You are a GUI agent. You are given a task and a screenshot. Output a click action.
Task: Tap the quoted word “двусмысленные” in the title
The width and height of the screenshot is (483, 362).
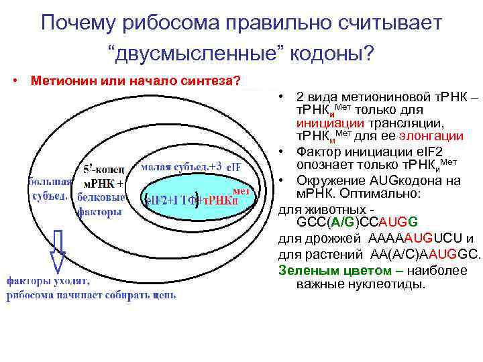click(195, 52)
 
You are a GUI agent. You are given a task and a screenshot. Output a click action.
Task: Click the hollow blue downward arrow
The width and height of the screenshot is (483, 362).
click(58, 249)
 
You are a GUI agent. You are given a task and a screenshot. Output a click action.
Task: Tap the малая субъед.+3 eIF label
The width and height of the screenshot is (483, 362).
click(191, 166)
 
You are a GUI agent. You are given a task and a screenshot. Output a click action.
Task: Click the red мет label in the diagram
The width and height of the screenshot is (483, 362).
click(241, 190)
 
